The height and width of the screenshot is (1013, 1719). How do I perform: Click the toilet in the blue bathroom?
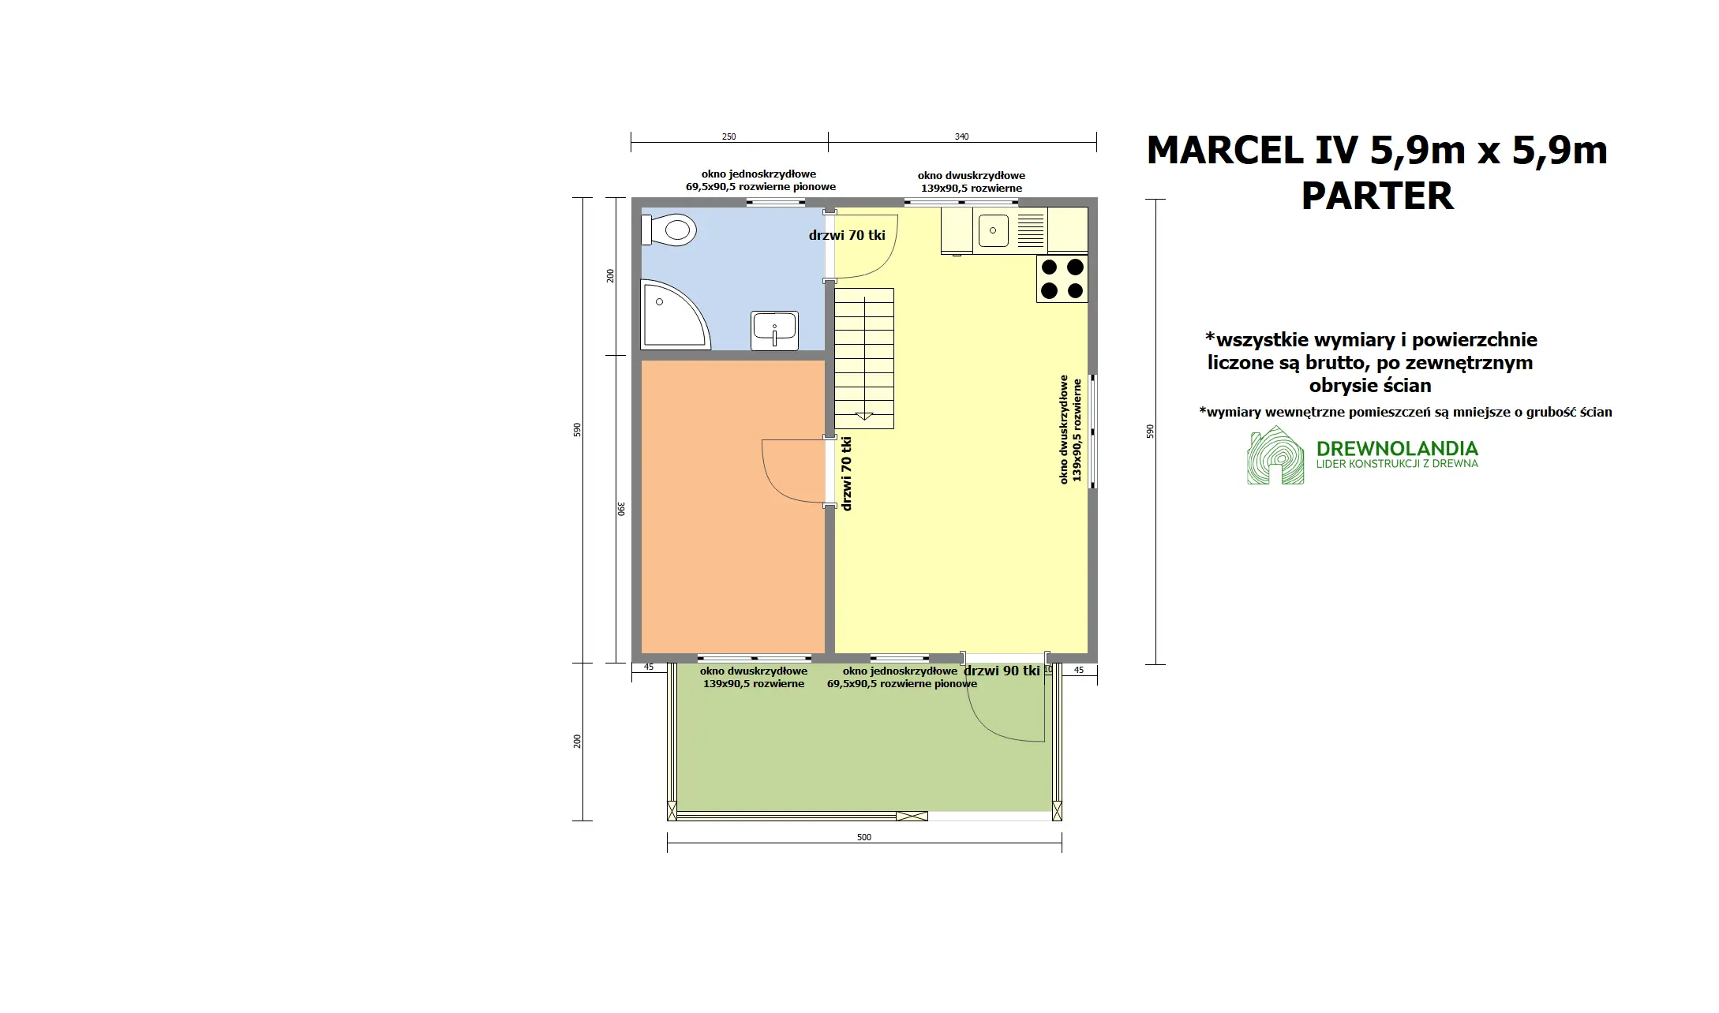click(671, 230)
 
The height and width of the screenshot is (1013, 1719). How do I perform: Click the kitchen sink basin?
click(993, 230)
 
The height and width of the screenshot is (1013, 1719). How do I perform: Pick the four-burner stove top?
click(1062, 278)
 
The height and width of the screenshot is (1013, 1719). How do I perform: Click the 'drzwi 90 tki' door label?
click(1002, 671)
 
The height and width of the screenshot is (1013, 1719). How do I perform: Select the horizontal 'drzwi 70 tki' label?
click(847, 235)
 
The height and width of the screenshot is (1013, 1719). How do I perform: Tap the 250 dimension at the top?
click(728, 136)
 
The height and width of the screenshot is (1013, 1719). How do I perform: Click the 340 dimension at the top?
click(961, 136)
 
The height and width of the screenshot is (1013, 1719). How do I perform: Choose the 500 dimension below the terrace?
click(863, 837)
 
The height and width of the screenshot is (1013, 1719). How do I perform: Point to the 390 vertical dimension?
click(621, 509)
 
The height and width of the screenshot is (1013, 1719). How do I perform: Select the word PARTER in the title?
click(1376, 196)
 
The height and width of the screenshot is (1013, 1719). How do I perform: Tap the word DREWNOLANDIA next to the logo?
click(1397, 449)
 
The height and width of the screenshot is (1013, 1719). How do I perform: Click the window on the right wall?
click(1093, 431)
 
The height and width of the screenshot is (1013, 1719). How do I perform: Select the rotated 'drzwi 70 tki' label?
click(847, 473)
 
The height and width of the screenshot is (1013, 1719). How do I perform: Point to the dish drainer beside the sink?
click(1030, 230)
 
